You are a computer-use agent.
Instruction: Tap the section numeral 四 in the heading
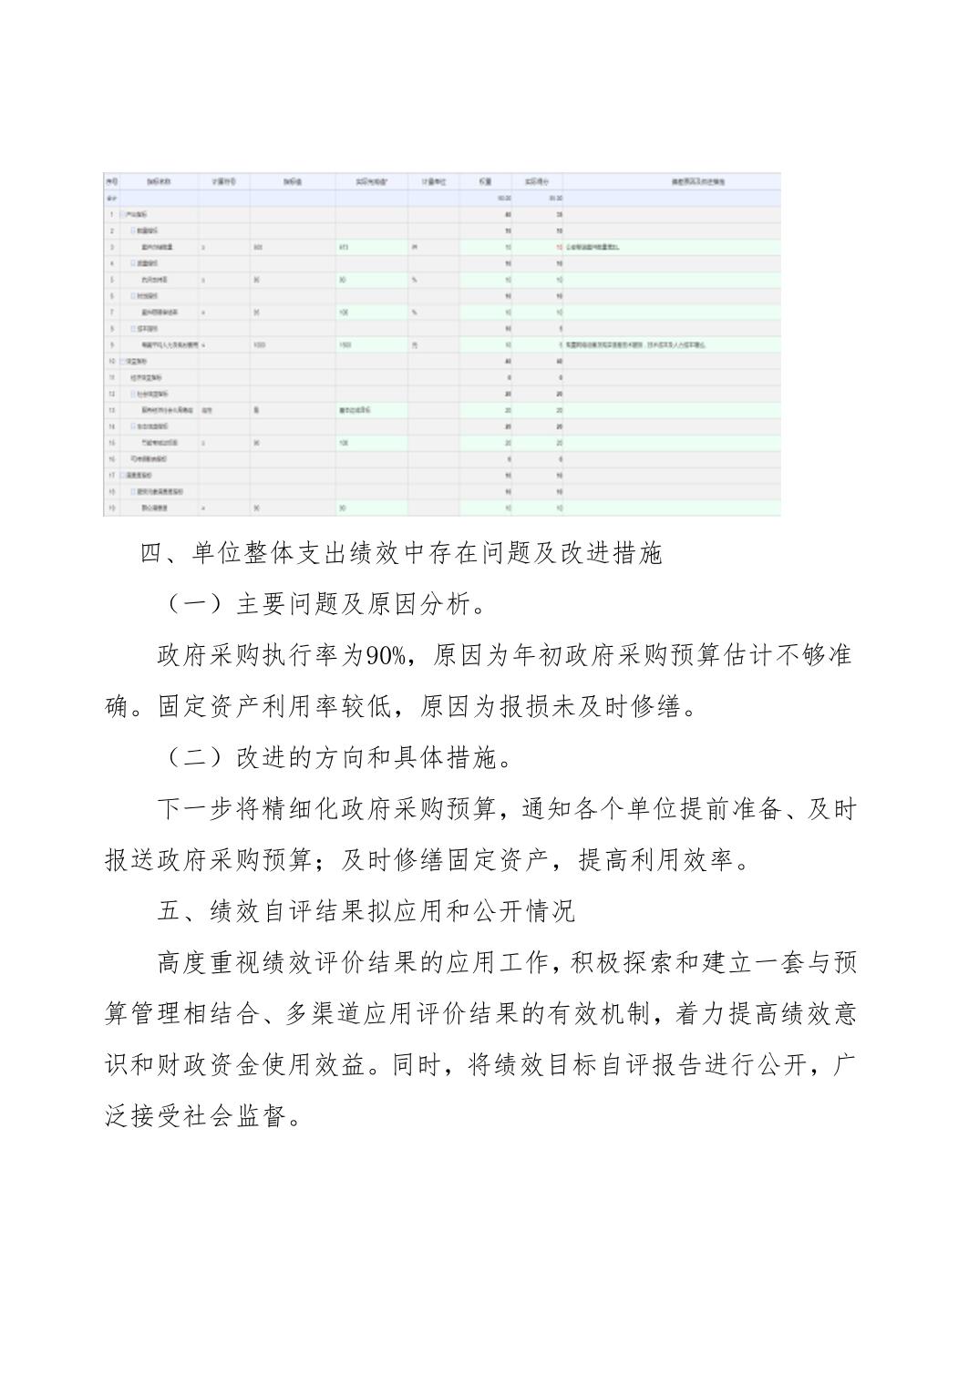coord(150,553)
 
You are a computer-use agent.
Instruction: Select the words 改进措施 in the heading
coord(611,553)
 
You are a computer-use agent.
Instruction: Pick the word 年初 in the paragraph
coord(535,655)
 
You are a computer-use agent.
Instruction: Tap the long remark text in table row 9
coord(637,345)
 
